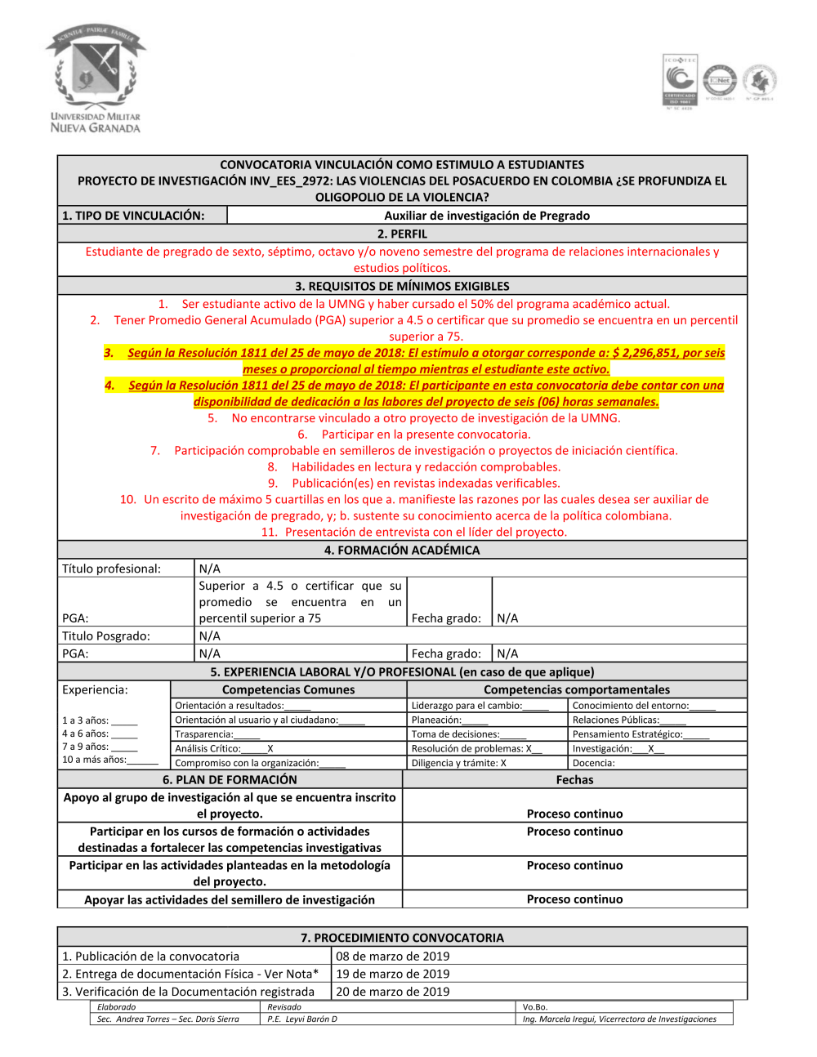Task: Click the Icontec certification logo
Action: click(x=680, y=82)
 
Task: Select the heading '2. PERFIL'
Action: click(x=402, y=234)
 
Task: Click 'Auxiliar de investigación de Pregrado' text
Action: click(x=487, y=216)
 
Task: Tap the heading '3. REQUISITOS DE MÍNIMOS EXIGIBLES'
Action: click(x=402, y=286)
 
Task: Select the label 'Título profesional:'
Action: click(x=112, y=569)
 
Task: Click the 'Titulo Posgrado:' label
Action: click(x=106, y=636)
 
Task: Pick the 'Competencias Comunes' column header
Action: click(x=288, y=689)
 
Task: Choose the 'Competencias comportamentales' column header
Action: click(x=576, y=689)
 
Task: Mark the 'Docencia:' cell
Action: click(x=594, y=763)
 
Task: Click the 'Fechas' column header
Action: click(x=574, y=780)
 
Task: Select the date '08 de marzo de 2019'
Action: click(x=393, y=956)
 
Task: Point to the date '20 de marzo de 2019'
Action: click(x=393, y=992)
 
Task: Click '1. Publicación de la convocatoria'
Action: click(x=151, y=956)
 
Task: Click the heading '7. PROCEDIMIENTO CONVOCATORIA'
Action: click(x=402, y=938)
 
